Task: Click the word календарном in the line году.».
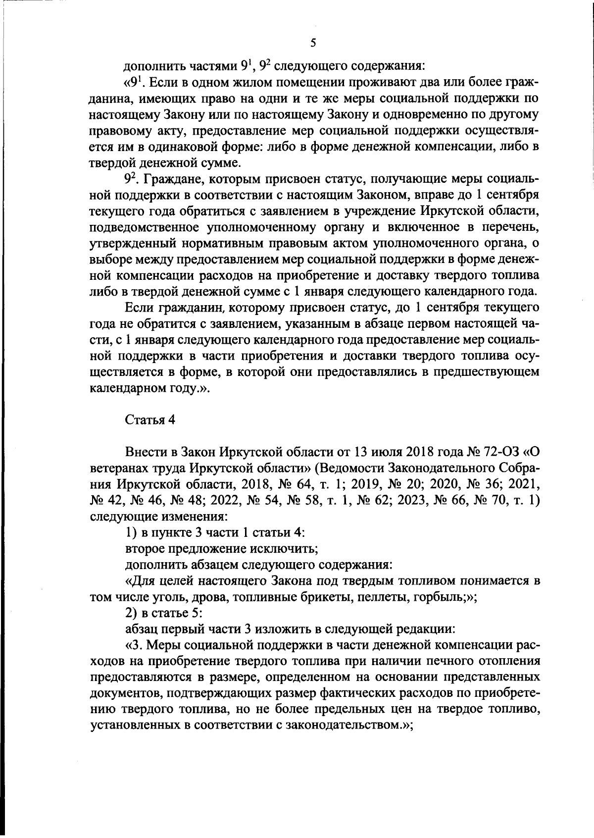[x=126, y=388]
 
